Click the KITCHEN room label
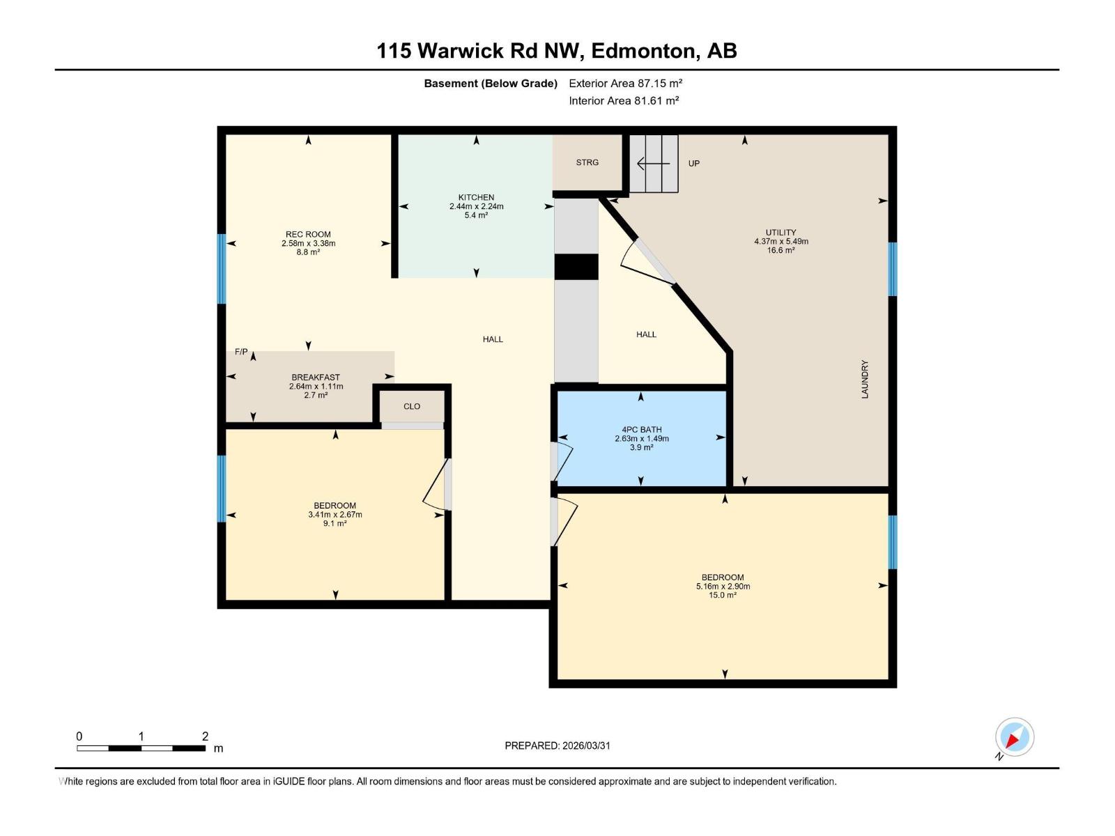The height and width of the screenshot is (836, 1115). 476,197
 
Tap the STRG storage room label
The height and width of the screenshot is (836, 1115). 587,162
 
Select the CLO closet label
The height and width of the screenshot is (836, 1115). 412,406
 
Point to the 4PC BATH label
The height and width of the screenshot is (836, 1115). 641,430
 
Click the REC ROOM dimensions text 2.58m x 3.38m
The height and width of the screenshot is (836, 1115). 308,243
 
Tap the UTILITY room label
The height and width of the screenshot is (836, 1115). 780,233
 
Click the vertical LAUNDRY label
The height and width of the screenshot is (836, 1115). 865,379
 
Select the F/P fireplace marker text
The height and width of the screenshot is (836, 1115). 240,352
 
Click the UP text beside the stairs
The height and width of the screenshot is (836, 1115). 693,164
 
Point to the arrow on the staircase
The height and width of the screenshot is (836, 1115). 653,164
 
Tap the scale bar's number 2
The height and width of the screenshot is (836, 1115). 205,736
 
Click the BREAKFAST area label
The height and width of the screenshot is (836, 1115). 316,378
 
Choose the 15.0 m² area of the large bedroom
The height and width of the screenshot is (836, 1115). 723,595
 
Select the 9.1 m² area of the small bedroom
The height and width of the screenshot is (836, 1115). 334,523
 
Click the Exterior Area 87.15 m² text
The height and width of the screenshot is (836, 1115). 625,83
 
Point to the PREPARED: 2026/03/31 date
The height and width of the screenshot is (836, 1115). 557,745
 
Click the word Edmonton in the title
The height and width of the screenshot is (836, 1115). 645,51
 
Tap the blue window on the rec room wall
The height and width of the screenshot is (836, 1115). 222,269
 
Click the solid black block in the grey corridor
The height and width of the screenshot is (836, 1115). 576,267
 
